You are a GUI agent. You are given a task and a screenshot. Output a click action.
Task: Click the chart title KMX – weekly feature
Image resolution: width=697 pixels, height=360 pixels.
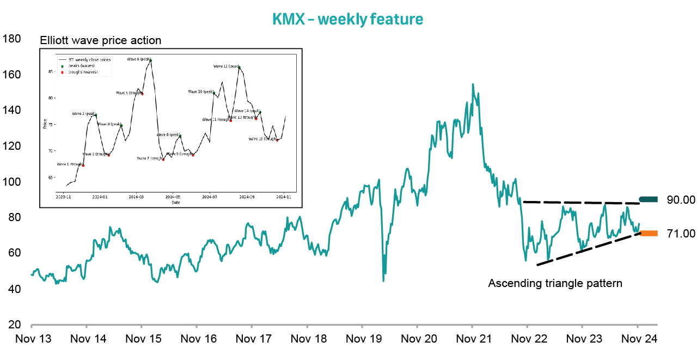[x=347, y=20]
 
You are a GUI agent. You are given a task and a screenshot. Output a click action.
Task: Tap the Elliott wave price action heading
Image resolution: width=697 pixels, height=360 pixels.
[x=101, y=40]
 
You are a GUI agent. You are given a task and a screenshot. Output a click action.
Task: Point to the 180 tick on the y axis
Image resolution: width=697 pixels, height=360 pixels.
[x=11, y=39]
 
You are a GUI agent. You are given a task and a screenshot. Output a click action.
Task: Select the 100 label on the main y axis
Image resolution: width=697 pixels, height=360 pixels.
[x=11, y=182]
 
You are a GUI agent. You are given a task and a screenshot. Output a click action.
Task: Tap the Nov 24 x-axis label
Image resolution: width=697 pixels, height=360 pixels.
[x=639, y=339]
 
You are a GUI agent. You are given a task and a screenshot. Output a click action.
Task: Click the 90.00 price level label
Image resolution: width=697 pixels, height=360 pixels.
[x=681, y=200]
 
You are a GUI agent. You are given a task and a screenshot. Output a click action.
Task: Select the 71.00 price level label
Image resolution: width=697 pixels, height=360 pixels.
[x=681, y=234]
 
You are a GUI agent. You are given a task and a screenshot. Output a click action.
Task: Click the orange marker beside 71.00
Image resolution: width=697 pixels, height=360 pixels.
[x=649, y=234]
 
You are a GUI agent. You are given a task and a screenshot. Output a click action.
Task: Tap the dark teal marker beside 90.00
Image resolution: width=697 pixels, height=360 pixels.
[x=649, y=200]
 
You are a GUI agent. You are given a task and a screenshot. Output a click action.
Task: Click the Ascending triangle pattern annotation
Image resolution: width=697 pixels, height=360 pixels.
[x=555, y=283]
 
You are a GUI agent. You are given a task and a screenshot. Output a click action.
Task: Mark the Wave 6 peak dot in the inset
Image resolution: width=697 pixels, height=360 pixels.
[x=150, y=60]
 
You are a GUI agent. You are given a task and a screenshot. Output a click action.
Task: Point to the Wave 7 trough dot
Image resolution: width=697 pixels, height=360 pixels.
[x=163, y=160]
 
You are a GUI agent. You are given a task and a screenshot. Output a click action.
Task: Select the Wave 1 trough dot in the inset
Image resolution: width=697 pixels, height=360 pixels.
[x=83, y=165]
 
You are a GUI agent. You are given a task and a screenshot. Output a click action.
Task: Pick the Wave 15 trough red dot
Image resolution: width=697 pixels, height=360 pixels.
[x=277, y=140]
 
